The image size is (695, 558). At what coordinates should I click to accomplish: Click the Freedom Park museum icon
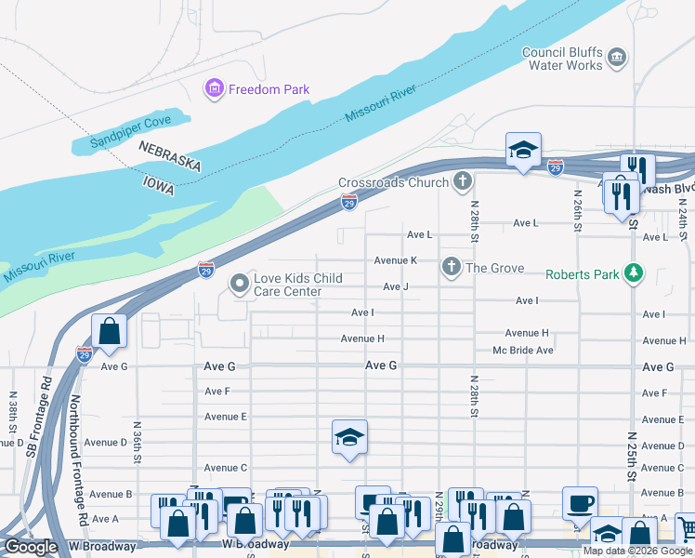point(215,89)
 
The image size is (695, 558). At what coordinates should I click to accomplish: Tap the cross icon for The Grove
point(452,268)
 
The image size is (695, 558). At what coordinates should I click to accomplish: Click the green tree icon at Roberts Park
point(634,273)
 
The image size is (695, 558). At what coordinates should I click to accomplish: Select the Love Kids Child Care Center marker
point(240,284)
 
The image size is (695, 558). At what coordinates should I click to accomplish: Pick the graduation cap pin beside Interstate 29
point(524,150)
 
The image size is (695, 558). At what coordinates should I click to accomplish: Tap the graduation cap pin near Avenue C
point(349,437)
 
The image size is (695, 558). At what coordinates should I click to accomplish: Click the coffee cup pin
point(580,502)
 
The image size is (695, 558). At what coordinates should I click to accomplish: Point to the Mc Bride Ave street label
point(523,351)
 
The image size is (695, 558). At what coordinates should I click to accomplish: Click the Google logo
point(31,547)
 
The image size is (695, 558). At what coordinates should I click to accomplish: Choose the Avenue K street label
point(395,260)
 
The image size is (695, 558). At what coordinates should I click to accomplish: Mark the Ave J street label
point(396,286)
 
